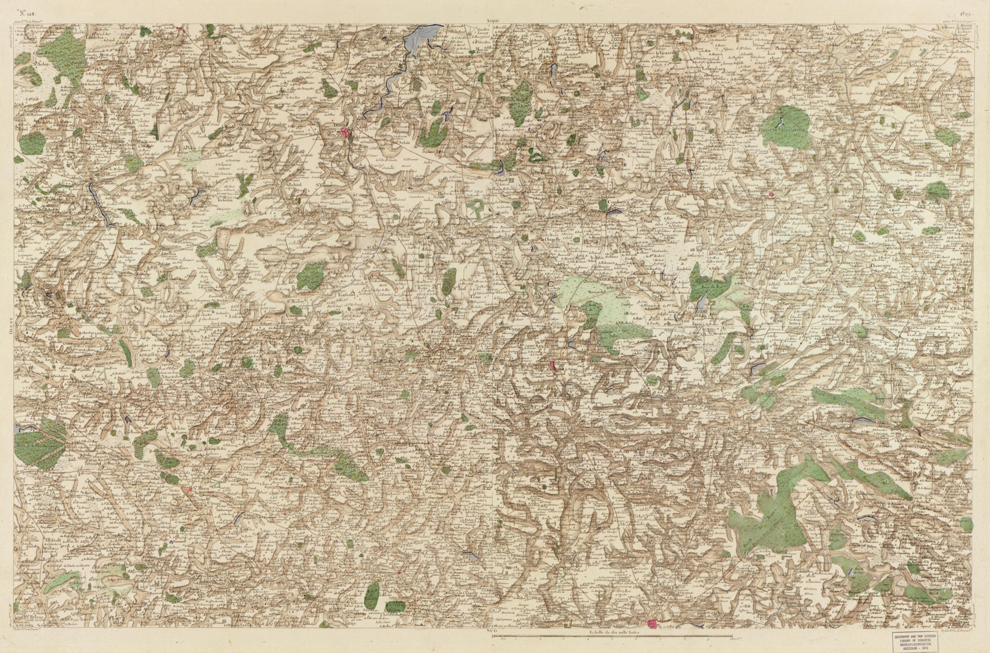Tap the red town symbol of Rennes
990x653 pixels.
pos(652,635)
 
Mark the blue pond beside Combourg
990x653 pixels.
pos(612,212)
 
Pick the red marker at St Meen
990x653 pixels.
pos(191,490)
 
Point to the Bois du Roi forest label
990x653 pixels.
pos(709,287)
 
